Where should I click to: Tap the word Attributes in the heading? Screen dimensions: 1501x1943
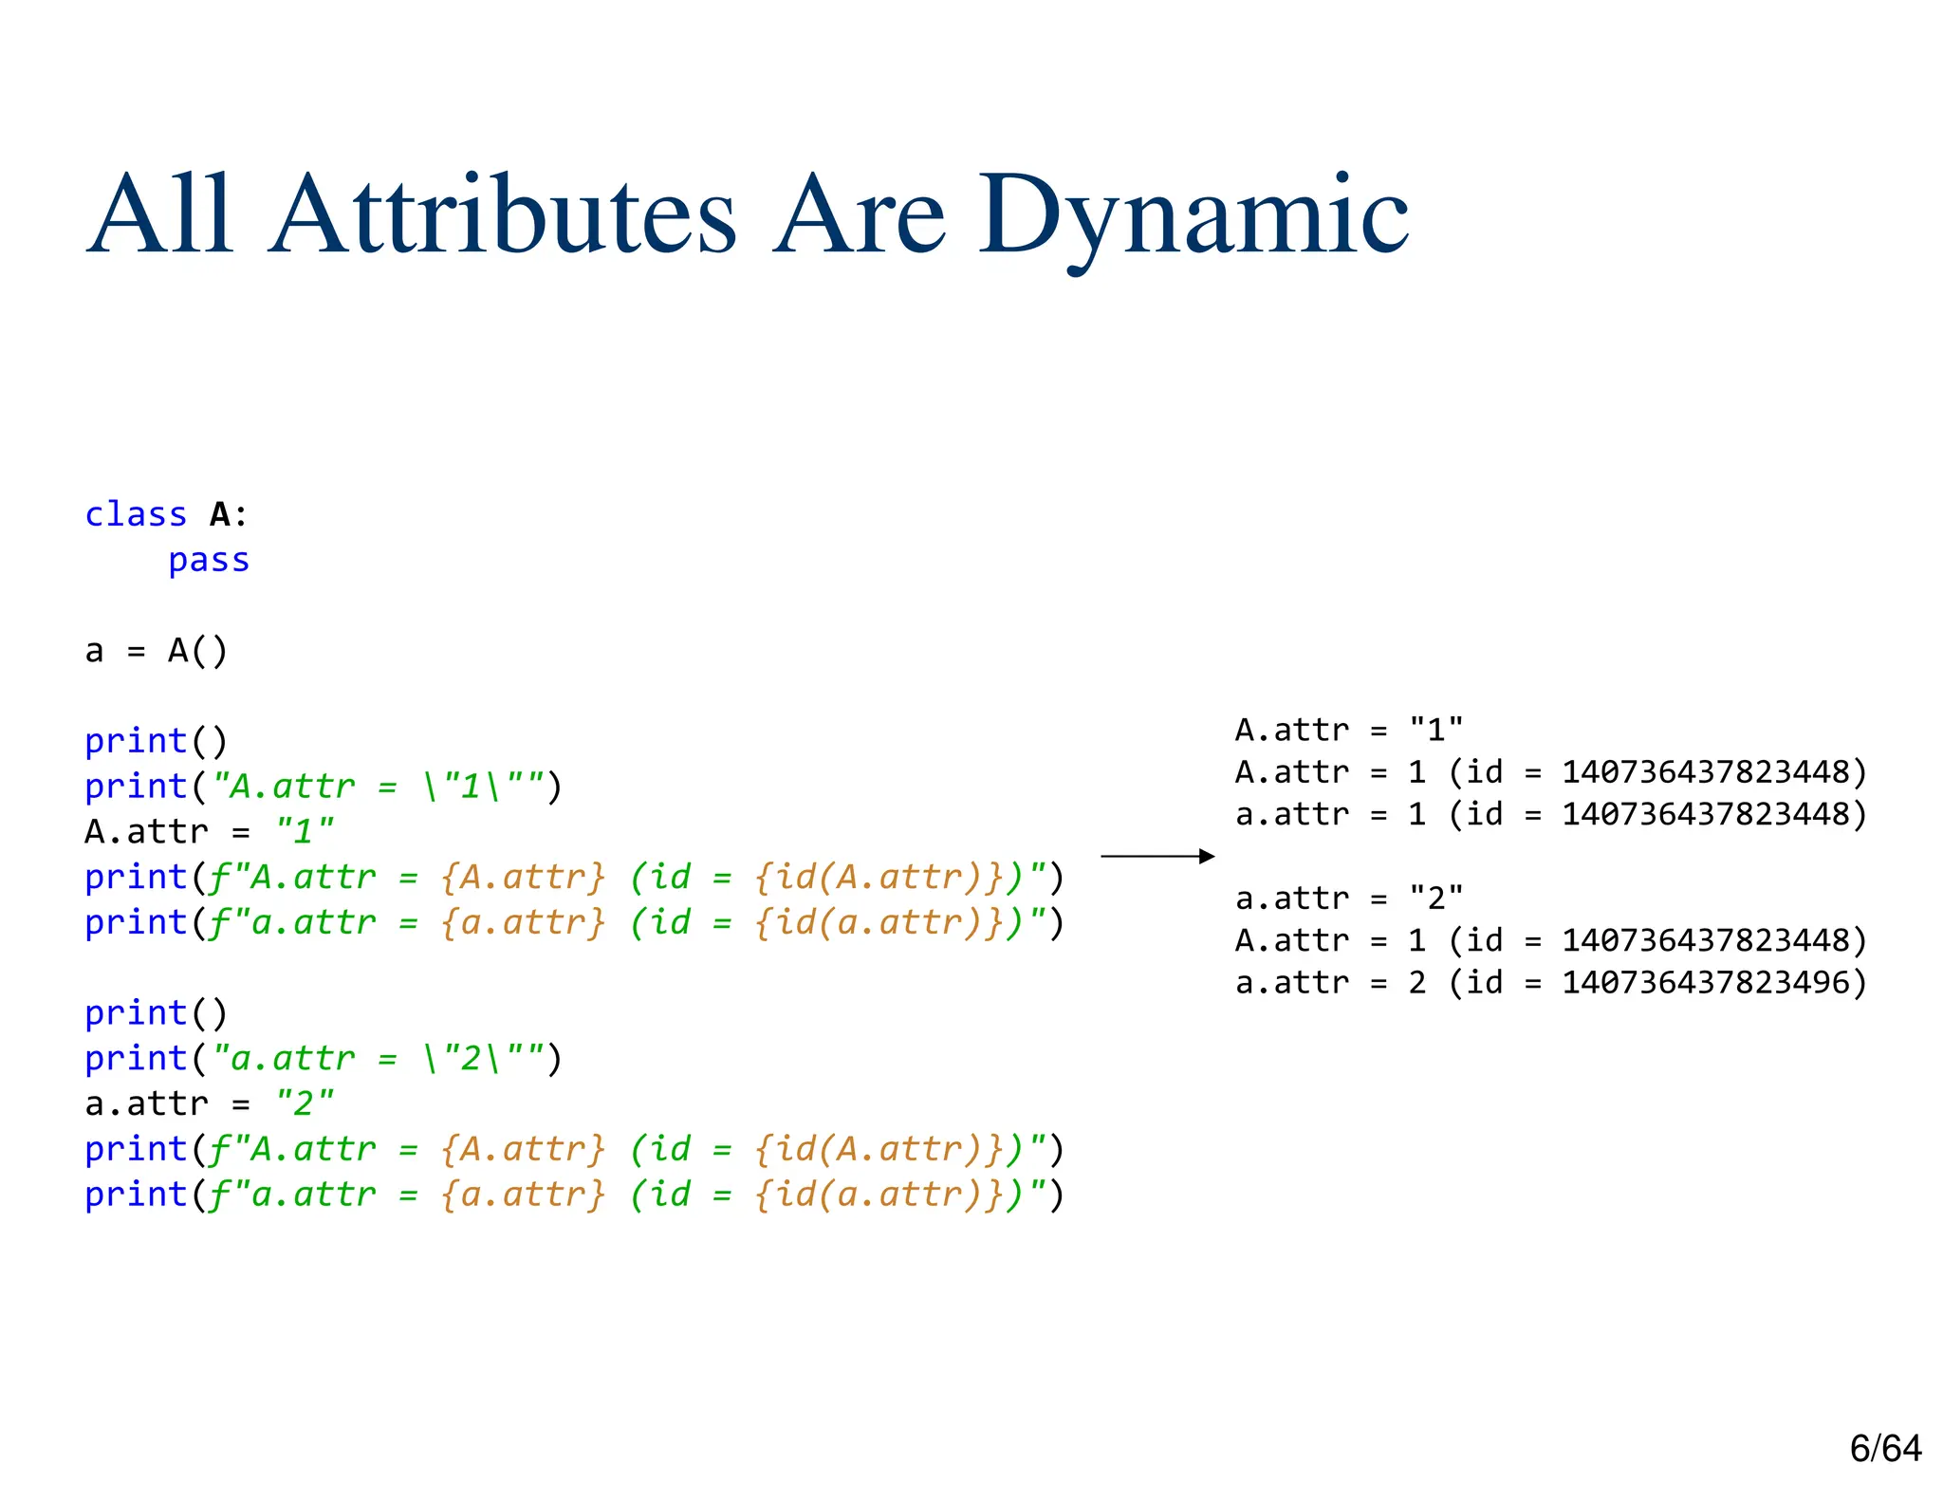point(503,215)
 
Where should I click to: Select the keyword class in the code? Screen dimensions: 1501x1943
point(136,514)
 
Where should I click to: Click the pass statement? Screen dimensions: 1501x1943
point(209,560)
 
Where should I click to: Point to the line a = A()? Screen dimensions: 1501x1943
point(157,651)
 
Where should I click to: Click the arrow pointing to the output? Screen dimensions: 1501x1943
point(1157,856)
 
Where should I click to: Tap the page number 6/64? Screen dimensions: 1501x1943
point(1885,1448)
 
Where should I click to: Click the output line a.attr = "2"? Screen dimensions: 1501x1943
point(1348,898)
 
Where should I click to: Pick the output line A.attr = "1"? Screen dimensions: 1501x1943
point(1348,730)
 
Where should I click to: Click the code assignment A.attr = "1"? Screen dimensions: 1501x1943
point(209,832)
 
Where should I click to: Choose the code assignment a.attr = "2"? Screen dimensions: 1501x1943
point(209,1103)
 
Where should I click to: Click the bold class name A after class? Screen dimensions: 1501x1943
point(220,514)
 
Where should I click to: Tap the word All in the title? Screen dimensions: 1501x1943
point(159,215)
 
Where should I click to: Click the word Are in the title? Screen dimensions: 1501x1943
point(859,215)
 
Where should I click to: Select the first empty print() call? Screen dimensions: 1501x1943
point(157,741)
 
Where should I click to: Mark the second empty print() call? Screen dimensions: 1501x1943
point(157,1013)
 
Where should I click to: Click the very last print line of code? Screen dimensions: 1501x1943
point(574,1195)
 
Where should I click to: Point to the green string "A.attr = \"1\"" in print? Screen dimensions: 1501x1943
point(378,787)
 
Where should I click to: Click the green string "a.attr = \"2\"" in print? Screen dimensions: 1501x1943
point(378,1058)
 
